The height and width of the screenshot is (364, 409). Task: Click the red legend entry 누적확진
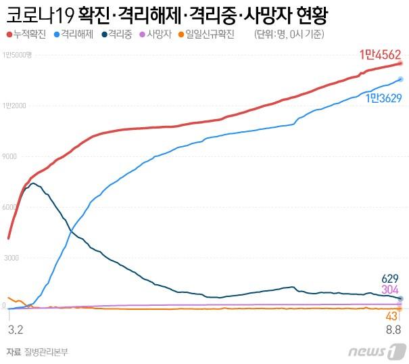[x=26, y=35]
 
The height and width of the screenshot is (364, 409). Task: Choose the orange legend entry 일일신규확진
[x=206, y=35]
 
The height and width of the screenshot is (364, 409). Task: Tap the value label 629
[x=389, y=278]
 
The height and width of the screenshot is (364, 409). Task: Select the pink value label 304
[x=389, y=290]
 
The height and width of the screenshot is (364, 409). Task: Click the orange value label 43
[x=391, y=316]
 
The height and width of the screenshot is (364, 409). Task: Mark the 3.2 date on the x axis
[x=15, y=329]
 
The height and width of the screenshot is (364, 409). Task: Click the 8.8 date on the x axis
[x=393, y=329]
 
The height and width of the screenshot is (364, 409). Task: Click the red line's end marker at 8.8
[x=400, y=64]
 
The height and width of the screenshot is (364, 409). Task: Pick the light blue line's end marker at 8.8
[x=400, y=80]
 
